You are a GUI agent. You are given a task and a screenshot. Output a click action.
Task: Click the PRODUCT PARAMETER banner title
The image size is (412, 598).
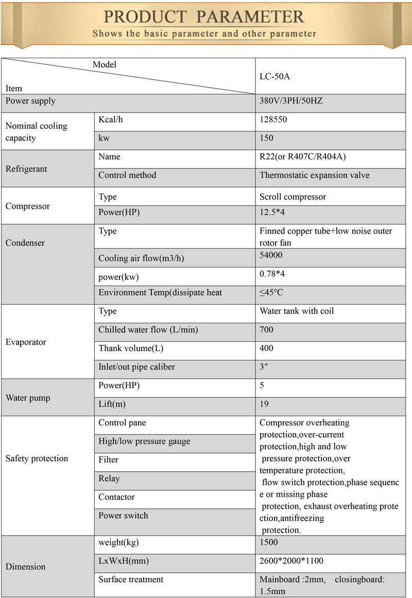[x=204, y=16]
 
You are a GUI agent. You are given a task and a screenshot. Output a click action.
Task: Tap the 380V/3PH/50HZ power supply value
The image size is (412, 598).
[x=291, y=101]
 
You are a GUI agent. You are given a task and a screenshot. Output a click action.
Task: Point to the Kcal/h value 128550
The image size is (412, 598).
[x=273, y=120]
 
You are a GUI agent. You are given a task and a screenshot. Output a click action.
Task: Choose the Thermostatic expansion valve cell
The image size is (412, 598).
[x=314, y=175]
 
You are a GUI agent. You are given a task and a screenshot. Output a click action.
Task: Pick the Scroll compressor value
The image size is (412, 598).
[x=293, y=197]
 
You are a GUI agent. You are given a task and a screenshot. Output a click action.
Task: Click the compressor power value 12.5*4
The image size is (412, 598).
[x=273, y=212]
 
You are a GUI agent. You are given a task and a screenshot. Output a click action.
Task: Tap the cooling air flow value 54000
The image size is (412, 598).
[x=271, y=255]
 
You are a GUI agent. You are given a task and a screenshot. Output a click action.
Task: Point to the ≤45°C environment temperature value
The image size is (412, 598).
[x=271, y=292]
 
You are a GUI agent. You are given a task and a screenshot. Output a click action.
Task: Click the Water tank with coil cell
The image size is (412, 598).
[x=297, y=311]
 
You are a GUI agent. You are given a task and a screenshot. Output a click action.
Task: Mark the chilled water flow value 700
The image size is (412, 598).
[x=266, y=330]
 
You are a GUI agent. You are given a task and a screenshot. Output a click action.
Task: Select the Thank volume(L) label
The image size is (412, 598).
[x=131, y=348]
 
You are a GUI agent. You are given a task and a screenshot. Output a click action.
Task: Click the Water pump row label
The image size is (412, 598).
[x=28, y=398]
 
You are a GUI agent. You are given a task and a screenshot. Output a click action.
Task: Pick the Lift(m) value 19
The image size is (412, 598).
[x=264, y=404]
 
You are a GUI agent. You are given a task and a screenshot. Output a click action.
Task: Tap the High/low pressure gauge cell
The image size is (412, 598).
[x=144, y=441]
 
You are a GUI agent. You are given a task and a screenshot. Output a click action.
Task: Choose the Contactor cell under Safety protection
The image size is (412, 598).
[x=116, y=497]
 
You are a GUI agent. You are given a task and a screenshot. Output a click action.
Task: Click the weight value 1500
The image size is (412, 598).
[x=268, y=542]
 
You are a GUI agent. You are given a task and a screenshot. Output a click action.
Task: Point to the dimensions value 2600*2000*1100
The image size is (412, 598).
[x=291, y=561]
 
